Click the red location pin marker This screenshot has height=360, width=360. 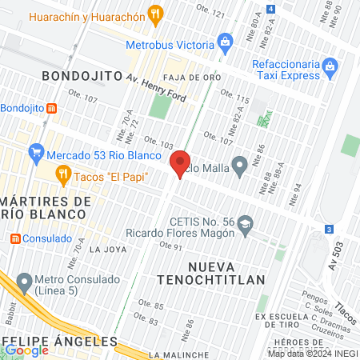click(x=180, y=162)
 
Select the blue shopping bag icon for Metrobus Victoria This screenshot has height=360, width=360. click(x=225, y=40)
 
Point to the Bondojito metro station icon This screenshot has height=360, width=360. click(x=51, y=108)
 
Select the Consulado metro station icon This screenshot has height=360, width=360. click(x=14, y=238)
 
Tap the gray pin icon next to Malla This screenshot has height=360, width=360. click(x=238, y=166)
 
